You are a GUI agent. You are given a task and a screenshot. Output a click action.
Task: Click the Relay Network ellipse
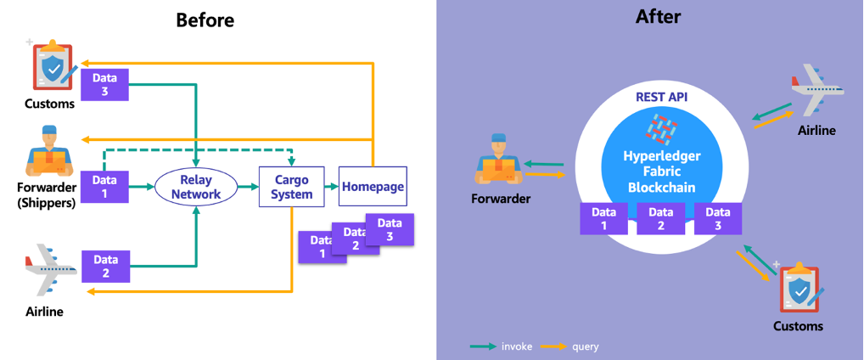tap(197, 188)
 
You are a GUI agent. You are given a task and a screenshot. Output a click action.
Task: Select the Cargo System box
tap(293, 188)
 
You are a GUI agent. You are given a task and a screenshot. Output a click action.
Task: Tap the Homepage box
tap(373, 187)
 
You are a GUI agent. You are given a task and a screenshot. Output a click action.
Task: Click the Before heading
tap(205, 20)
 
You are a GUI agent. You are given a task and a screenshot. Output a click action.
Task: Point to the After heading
tap(658, 16)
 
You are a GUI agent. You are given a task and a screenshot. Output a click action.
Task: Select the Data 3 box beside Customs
tap(104, 84)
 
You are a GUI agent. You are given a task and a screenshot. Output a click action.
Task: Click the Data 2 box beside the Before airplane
tap(105, 266)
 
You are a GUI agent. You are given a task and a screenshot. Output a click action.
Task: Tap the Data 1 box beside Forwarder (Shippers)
tap(104, 187)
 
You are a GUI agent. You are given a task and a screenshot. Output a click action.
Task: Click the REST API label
tap(661, 97)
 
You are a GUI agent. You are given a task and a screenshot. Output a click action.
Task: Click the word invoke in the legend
tap(517, 346)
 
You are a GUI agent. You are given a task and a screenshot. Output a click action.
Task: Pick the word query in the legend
tap(585, 346)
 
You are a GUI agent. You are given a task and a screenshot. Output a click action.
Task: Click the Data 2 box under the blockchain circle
tap(660, 219)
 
